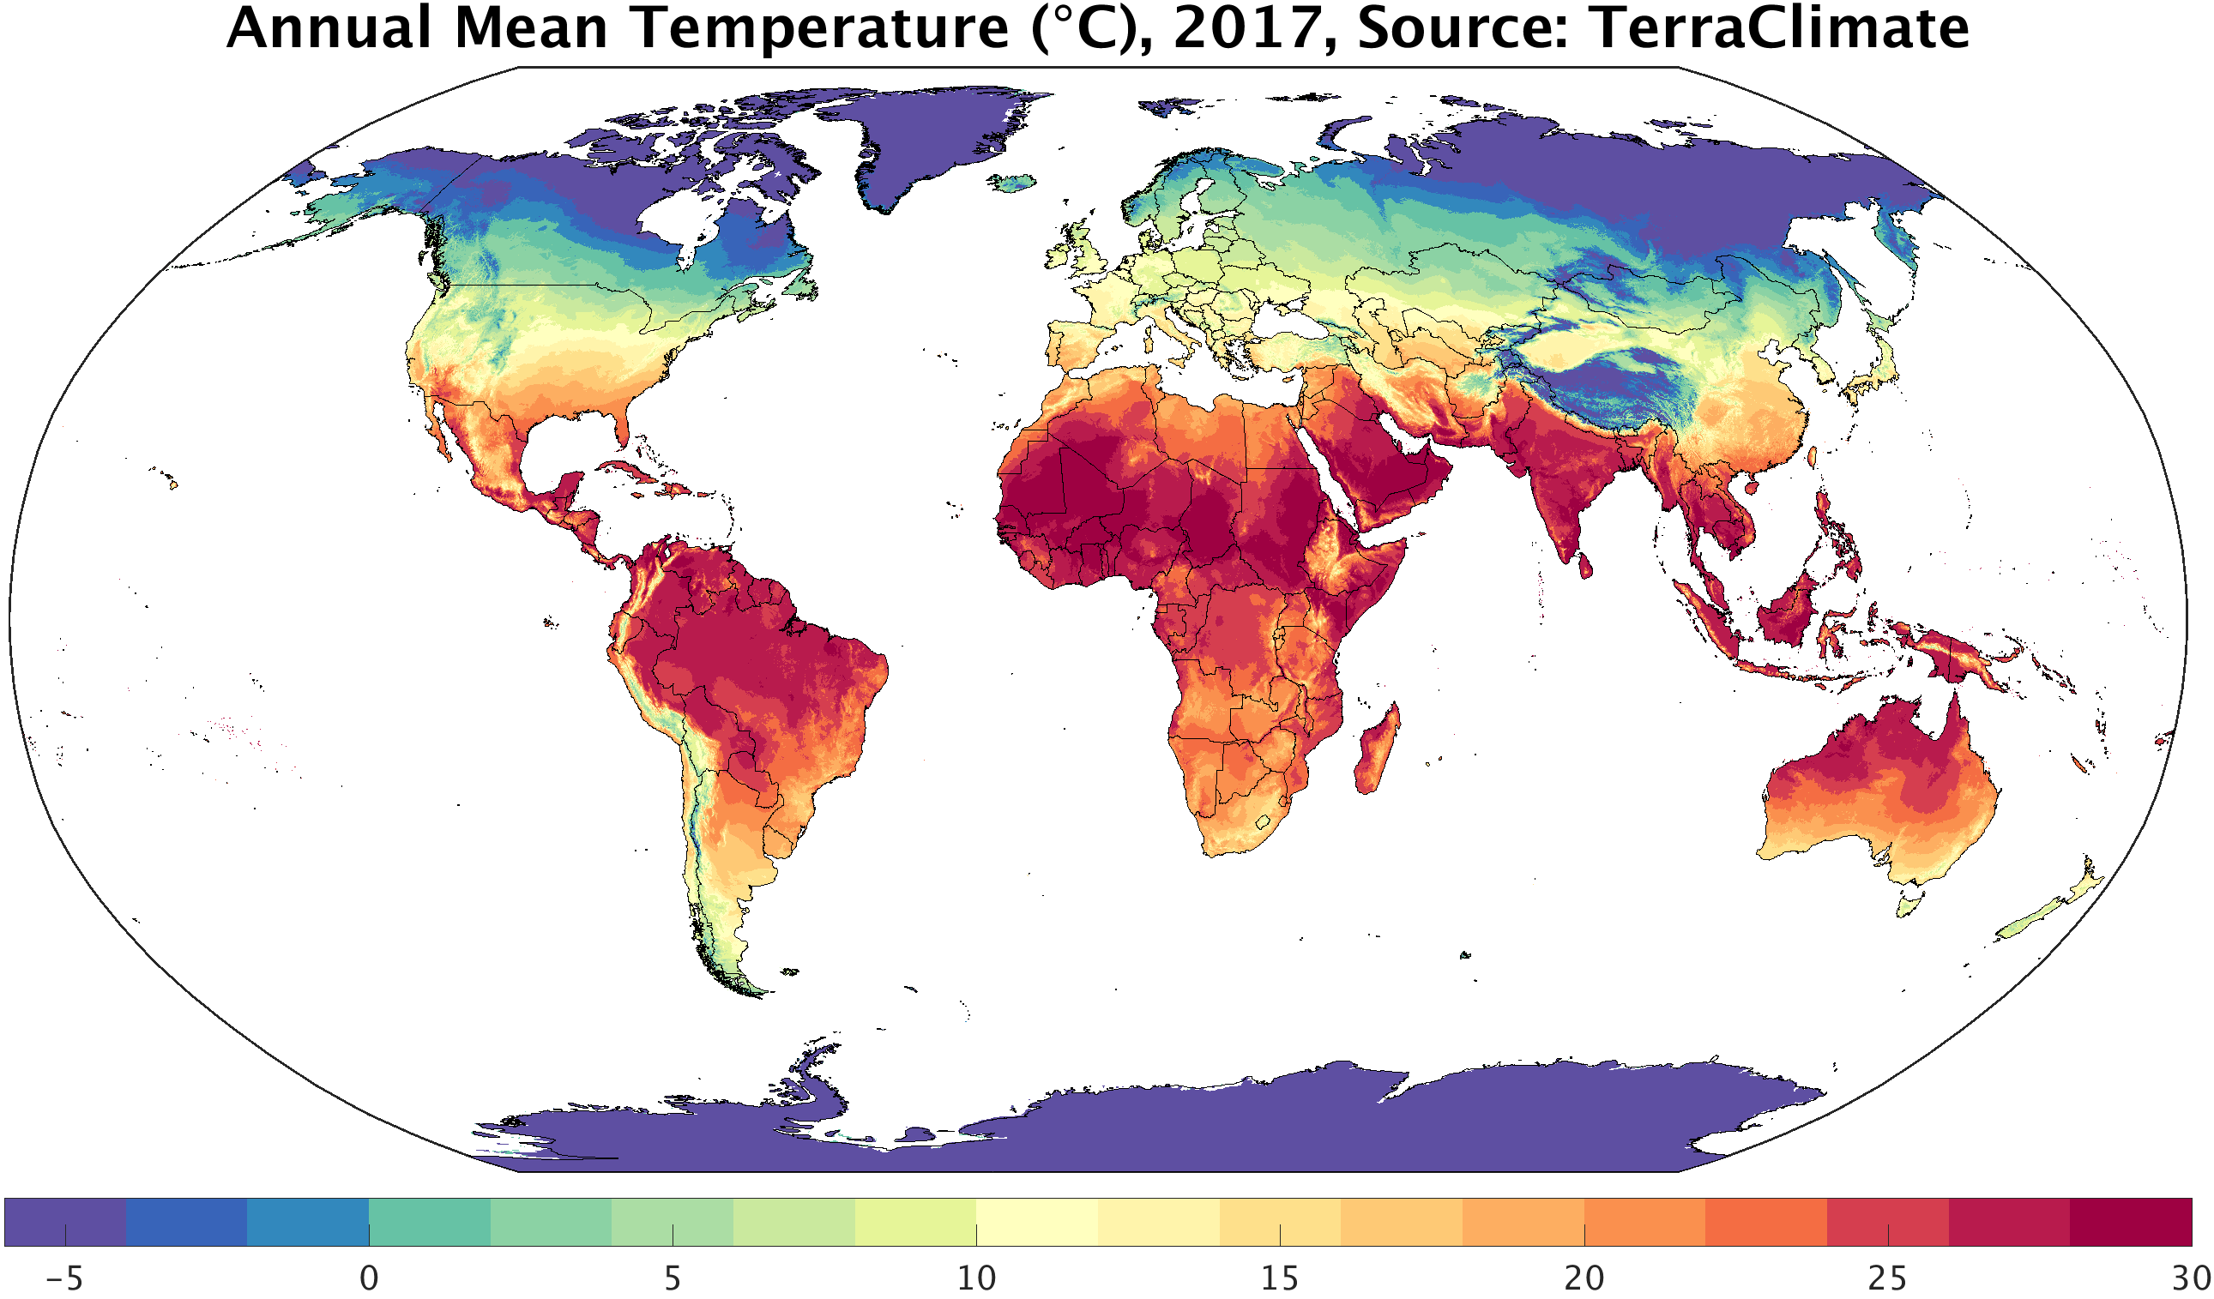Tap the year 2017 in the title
tap(1247, 28)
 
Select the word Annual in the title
tap(329, 28)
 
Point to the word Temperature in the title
tap(822, 28)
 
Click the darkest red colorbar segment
tap(2131, 1222)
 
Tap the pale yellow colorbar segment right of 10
tap(1037, 1222)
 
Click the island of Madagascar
tap(1376, 752)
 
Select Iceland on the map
tap(1012, 183)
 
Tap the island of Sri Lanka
tap(1585, 563)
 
